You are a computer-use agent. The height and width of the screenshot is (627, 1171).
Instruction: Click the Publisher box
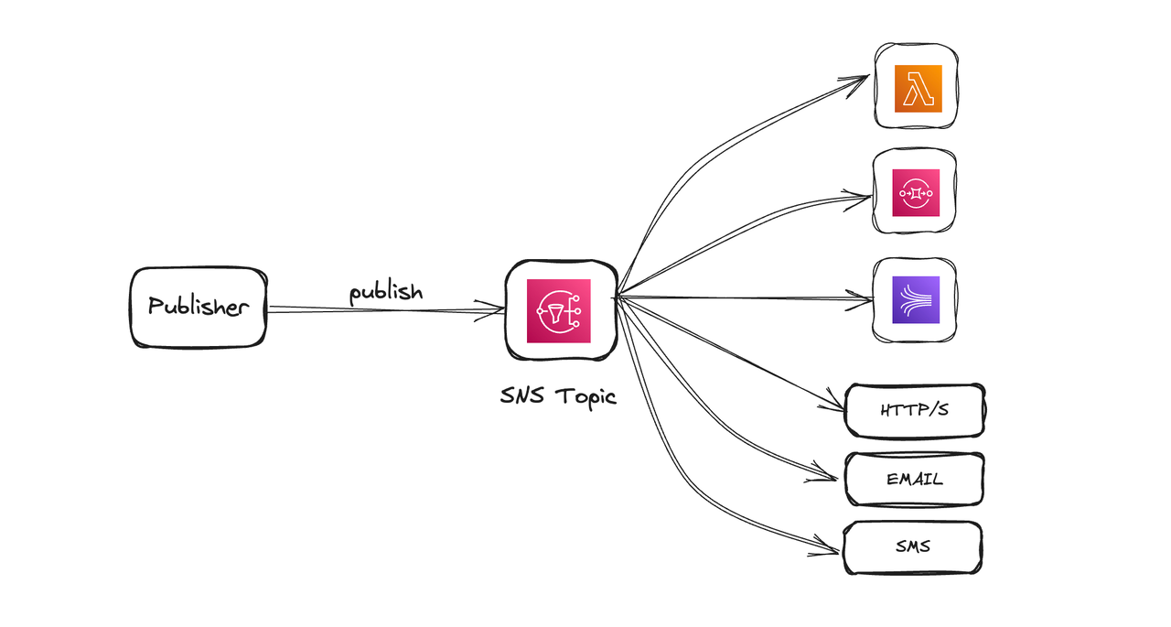[x=199, y=308]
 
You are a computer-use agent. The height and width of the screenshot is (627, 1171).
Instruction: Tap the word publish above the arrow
[x=386, y=293]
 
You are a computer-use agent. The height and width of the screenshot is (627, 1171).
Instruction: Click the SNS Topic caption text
[x=558, y=396]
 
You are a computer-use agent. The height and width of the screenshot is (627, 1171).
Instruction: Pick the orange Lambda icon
[x=918, y=89]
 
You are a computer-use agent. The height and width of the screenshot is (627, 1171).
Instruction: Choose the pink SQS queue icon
[x=916, y=192]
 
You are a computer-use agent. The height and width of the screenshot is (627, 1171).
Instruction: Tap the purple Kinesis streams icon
[x=915, y=299]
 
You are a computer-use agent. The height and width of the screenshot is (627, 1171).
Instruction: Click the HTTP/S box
[x=914, y=410]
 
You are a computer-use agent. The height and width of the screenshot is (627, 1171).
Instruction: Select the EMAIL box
[x=914, y=479]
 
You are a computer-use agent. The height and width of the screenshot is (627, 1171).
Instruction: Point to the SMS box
[x=912, y=547]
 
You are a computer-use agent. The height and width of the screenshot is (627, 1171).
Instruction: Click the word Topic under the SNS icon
[x=585, y=396]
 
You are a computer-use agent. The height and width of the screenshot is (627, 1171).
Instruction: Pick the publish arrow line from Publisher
[x=384, y=310]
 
